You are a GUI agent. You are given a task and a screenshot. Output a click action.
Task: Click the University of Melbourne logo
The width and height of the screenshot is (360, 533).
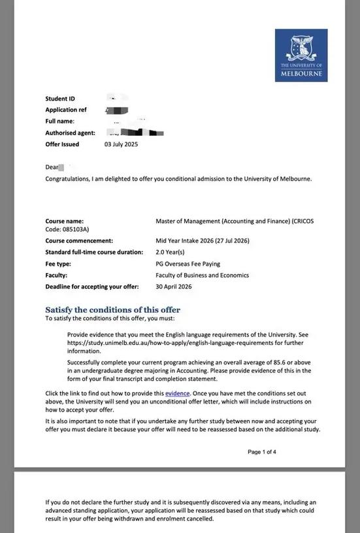tap(301, 55)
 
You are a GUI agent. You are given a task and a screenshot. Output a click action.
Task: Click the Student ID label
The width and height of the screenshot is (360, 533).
tap(60, 99)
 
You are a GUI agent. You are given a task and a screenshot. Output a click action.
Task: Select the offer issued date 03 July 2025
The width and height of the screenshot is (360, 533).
tap(121, 144)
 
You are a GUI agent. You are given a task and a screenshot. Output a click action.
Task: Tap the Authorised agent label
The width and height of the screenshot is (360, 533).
tap(70, 133)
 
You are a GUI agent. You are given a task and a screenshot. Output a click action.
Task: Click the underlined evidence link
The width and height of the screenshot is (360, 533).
tap(177, 393)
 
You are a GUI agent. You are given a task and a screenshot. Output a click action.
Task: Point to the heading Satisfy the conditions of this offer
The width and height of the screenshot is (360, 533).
tap(112, 310)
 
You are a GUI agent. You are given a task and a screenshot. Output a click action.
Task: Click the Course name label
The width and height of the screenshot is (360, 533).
tap(64, 221)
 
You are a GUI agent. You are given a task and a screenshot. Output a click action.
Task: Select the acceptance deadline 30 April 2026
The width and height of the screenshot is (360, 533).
tap(174, 287)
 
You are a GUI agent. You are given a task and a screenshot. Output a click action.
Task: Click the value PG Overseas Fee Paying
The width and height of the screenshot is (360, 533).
tap(188, 264)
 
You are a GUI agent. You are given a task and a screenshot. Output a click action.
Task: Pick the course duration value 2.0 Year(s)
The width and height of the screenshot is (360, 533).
tap(170, 252)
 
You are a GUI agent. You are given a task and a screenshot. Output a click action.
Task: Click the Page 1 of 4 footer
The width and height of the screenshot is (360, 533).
tap(262, 451)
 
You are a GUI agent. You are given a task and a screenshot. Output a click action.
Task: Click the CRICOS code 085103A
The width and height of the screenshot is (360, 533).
tap(75, 229)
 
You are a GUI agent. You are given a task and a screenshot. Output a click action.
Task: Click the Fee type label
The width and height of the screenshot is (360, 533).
tap(58, 264)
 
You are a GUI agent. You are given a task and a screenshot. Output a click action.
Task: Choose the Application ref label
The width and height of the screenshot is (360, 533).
tap(66, 110)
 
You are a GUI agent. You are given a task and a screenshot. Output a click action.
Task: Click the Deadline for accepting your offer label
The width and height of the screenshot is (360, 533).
tap(92, 287)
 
